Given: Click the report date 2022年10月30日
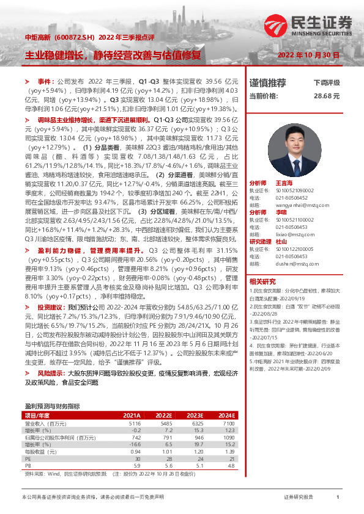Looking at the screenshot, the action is (x=308, y=55).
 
